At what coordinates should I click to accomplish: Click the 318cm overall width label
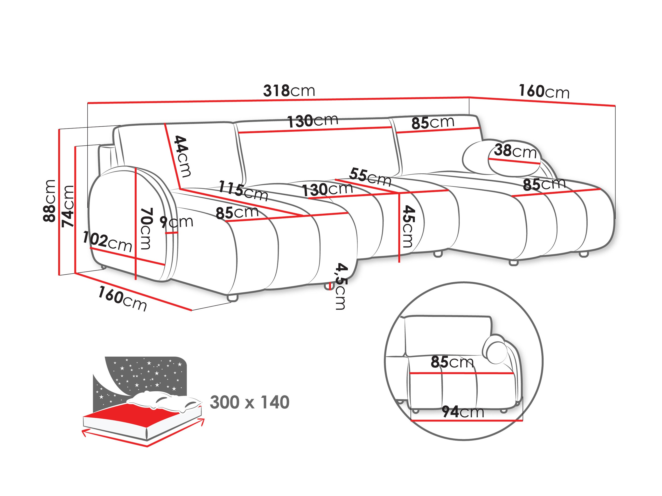point(289,91)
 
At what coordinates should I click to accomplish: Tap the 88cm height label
point(49,201)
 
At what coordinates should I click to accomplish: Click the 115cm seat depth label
point(243,191)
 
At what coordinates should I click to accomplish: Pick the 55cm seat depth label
point(370,177)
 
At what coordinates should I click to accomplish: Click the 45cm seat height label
point(408,226)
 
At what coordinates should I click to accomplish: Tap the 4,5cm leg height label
point(340,286)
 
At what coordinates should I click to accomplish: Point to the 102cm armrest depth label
point(107,242)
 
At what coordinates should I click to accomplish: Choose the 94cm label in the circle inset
point(463,412)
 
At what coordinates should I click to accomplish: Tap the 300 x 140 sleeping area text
point(250,402)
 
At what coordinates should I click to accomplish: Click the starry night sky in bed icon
point(144,374)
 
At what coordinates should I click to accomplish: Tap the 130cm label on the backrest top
point(313,121)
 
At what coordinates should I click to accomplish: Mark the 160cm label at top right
point(544,91)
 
